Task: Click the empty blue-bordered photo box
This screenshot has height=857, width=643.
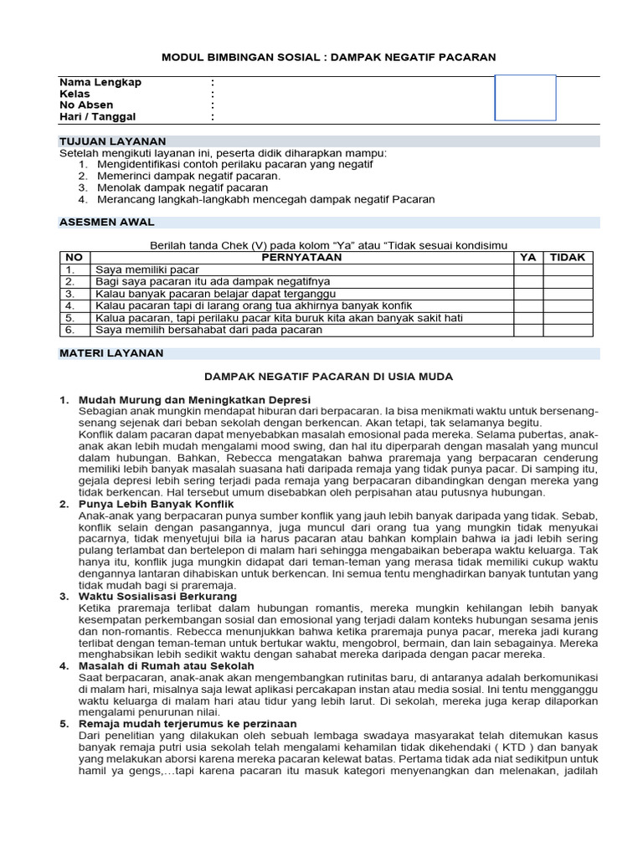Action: point(525,98)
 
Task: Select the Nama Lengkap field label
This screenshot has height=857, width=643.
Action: point(100,82)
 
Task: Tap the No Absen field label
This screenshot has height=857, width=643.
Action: point(86,105)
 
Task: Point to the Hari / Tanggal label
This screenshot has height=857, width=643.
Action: point(97,117)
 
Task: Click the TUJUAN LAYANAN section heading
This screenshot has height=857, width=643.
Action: point(112,141)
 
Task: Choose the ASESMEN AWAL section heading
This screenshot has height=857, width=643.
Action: point(106,222)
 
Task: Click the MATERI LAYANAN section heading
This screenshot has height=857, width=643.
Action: point(111,353)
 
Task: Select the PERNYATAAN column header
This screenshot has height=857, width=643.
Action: point(301,258)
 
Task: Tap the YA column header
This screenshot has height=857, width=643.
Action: point(528,258)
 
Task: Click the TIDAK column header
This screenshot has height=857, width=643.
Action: point(568,258)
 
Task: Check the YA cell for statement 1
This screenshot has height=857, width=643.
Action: point(528,270)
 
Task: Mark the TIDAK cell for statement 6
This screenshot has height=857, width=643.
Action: point(568,331)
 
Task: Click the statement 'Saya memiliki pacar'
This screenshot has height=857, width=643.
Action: point(147,270)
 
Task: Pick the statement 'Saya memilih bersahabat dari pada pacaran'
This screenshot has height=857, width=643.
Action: point(208,331)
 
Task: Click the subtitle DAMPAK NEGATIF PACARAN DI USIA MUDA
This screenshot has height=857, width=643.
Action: point(329,377)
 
